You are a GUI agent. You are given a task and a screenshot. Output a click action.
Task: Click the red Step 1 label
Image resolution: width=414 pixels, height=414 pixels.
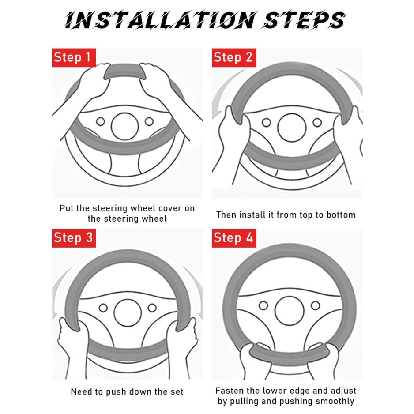[74, 57]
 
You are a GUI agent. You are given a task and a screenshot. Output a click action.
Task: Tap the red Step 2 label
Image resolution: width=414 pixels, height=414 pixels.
[234, 57]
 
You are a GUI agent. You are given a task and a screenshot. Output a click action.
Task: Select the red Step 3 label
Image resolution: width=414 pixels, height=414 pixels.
[74, 238]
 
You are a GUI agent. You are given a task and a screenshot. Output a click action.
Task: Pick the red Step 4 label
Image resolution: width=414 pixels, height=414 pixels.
[234, 238]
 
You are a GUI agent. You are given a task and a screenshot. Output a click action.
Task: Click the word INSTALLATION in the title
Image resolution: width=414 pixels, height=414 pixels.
[160, 20]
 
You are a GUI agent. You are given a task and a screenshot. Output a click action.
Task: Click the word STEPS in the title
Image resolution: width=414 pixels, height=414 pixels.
[304, 20]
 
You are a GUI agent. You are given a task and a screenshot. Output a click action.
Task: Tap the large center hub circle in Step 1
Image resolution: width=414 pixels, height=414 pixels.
[125, 126]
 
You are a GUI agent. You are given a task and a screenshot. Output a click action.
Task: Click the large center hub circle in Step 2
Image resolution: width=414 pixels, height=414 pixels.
[292, 128]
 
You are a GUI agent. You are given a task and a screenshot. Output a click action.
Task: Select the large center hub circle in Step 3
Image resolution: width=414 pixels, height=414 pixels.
[128, 313]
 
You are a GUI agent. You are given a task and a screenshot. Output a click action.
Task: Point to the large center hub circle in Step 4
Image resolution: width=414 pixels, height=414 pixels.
[290, 311]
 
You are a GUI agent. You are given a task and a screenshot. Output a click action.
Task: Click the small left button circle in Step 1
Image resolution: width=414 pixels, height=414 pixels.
[100, 121]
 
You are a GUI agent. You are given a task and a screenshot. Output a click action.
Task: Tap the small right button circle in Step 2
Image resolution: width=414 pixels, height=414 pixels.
[317, 122]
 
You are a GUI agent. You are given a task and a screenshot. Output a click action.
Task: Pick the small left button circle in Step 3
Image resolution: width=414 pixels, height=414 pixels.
[103, 308]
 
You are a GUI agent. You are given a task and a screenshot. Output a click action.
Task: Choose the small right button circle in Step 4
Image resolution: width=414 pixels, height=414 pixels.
[315, 305]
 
